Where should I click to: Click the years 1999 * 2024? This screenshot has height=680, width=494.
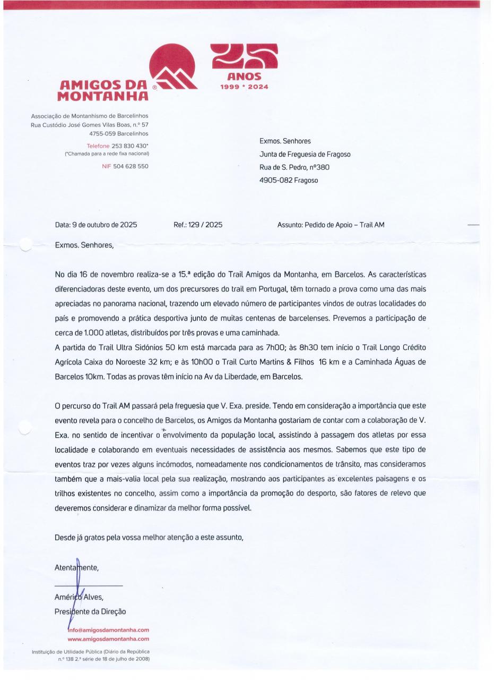[245, 87]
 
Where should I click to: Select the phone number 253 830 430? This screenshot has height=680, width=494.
[129, 146]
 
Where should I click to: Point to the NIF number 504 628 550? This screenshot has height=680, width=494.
[131, 166]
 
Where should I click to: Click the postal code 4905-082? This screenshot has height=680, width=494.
[275, 180]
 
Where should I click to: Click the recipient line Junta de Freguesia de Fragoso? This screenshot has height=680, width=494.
[305, 155]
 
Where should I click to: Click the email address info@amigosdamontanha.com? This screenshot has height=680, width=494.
[109, 630]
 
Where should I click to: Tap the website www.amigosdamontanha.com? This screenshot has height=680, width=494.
[109, 639]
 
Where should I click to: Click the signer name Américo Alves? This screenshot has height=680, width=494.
[79, 597]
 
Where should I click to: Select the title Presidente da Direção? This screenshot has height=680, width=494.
[90, 611]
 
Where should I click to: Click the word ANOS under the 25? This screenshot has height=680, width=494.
[245, 77]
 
